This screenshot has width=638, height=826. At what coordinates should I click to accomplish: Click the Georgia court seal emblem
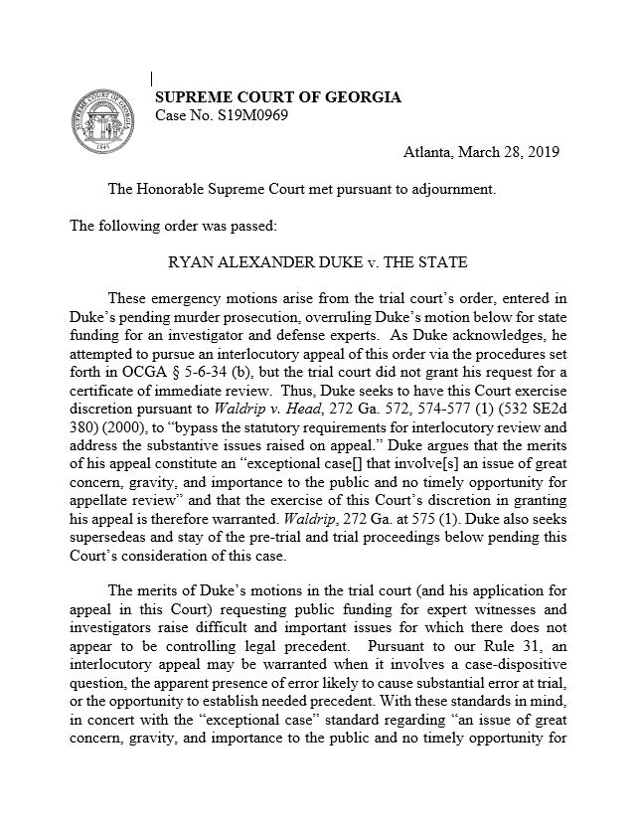pyautogui.click(x=101, y=119)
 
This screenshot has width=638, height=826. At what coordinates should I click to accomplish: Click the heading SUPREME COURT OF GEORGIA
pyautogui.click(x=278, y=97)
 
